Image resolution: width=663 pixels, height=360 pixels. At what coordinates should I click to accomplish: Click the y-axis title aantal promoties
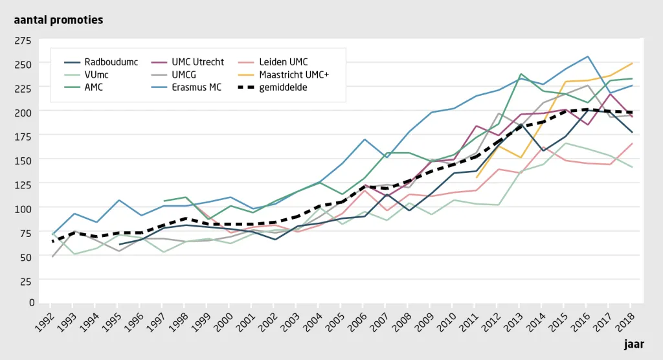58,20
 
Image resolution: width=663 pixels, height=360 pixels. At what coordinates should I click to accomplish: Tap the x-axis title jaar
635,344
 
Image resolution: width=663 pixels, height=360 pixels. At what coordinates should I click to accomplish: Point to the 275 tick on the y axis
23,41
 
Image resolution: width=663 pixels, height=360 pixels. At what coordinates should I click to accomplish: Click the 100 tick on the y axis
23,209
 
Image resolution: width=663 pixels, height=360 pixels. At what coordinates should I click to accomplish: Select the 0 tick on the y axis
32,302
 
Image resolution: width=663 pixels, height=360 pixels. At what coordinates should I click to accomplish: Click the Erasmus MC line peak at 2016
588,57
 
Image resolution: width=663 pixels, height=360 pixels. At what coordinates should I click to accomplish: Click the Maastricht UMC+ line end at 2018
632,63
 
